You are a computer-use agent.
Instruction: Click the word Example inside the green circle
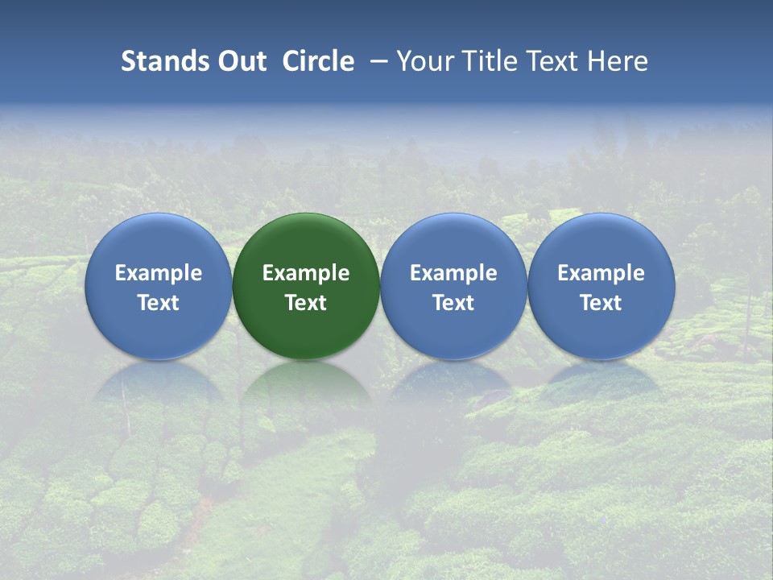point(306,274)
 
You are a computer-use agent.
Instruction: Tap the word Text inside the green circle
point(306,303)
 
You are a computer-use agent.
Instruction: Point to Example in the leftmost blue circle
point(159,274)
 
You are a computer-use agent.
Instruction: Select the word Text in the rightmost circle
point(601,303)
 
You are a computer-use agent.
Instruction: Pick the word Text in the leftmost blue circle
point(159,303)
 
